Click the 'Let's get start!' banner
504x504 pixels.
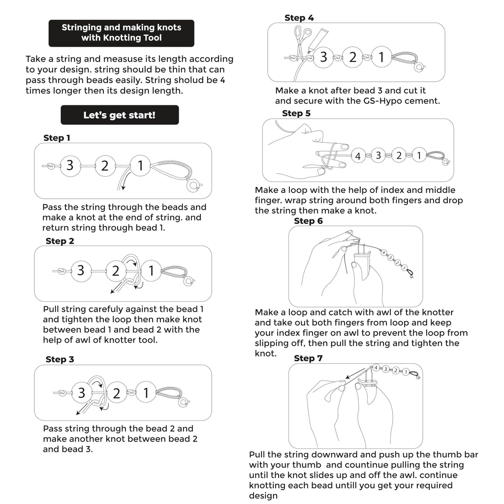point(120,115)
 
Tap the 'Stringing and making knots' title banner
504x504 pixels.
point(121,32)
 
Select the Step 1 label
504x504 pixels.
point(57,138)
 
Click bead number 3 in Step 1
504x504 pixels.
point(70,166)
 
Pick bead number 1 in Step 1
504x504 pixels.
point(140,166)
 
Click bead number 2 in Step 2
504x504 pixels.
point(116,271)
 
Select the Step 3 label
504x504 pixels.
point(60,360)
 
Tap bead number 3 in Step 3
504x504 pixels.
point(82,393)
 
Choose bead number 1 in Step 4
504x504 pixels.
point(381,58)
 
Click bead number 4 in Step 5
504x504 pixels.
point(358,157)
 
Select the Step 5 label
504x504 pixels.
point(296,114)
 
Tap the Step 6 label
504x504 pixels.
point(308,221)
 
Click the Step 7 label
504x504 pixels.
point(308,358)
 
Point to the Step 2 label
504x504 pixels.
point(60,241)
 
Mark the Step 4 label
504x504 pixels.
point(299,18)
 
